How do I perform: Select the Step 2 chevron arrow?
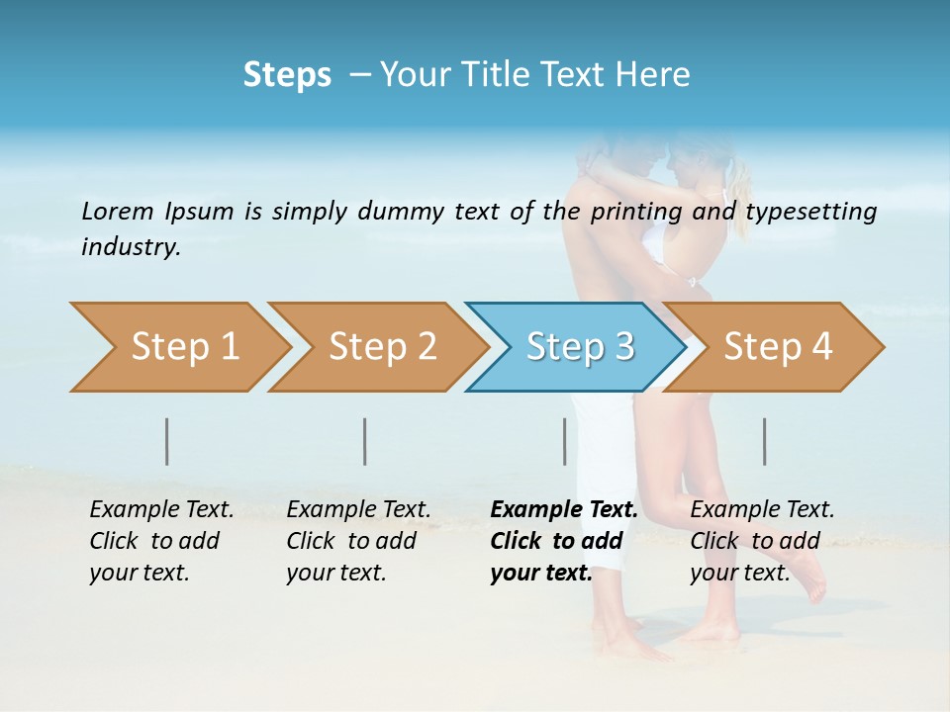click(x=381, y=347)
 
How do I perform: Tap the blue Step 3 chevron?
click(x=579, y=347)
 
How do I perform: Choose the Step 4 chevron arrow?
click(x=777, y=347)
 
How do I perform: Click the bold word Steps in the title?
click(x=287, y=75)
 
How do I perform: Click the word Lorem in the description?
click(x=118, y=211)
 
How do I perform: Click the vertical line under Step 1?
click(x=167, y=441)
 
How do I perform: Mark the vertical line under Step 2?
click(x=365, y=441)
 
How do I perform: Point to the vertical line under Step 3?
click(x=564, y=441)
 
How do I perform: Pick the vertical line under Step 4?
click(x=764, y=441)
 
